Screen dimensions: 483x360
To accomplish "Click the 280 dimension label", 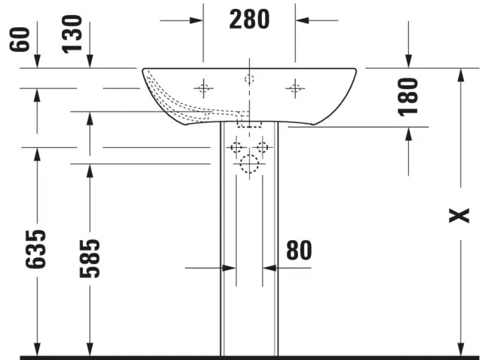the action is pyautogui.click(x=249, y=20).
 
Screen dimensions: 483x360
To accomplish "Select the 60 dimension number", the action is pyautogui.click(x=20, y=39).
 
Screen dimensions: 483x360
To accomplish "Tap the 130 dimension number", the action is pyautogui.click(x=72, y=34).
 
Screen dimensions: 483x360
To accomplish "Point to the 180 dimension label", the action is pyautogui.click(x=408, y=97).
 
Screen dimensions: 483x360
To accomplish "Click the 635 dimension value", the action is pyautogui.click(x=35, y=249).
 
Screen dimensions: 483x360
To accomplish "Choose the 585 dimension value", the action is pyautogui.click(x=90, y=258).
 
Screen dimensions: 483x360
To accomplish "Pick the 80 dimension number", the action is pyautogui.click(x=299, y=250).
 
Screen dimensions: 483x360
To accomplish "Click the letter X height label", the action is pyautogui.click(x=459, y=215).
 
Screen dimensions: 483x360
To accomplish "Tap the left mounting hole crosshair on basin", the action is pyautogui.click(x=203, y=88).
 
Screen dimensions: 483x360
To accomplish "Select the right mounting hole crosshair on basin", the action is pyautogui.click(x=295, y=88).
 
